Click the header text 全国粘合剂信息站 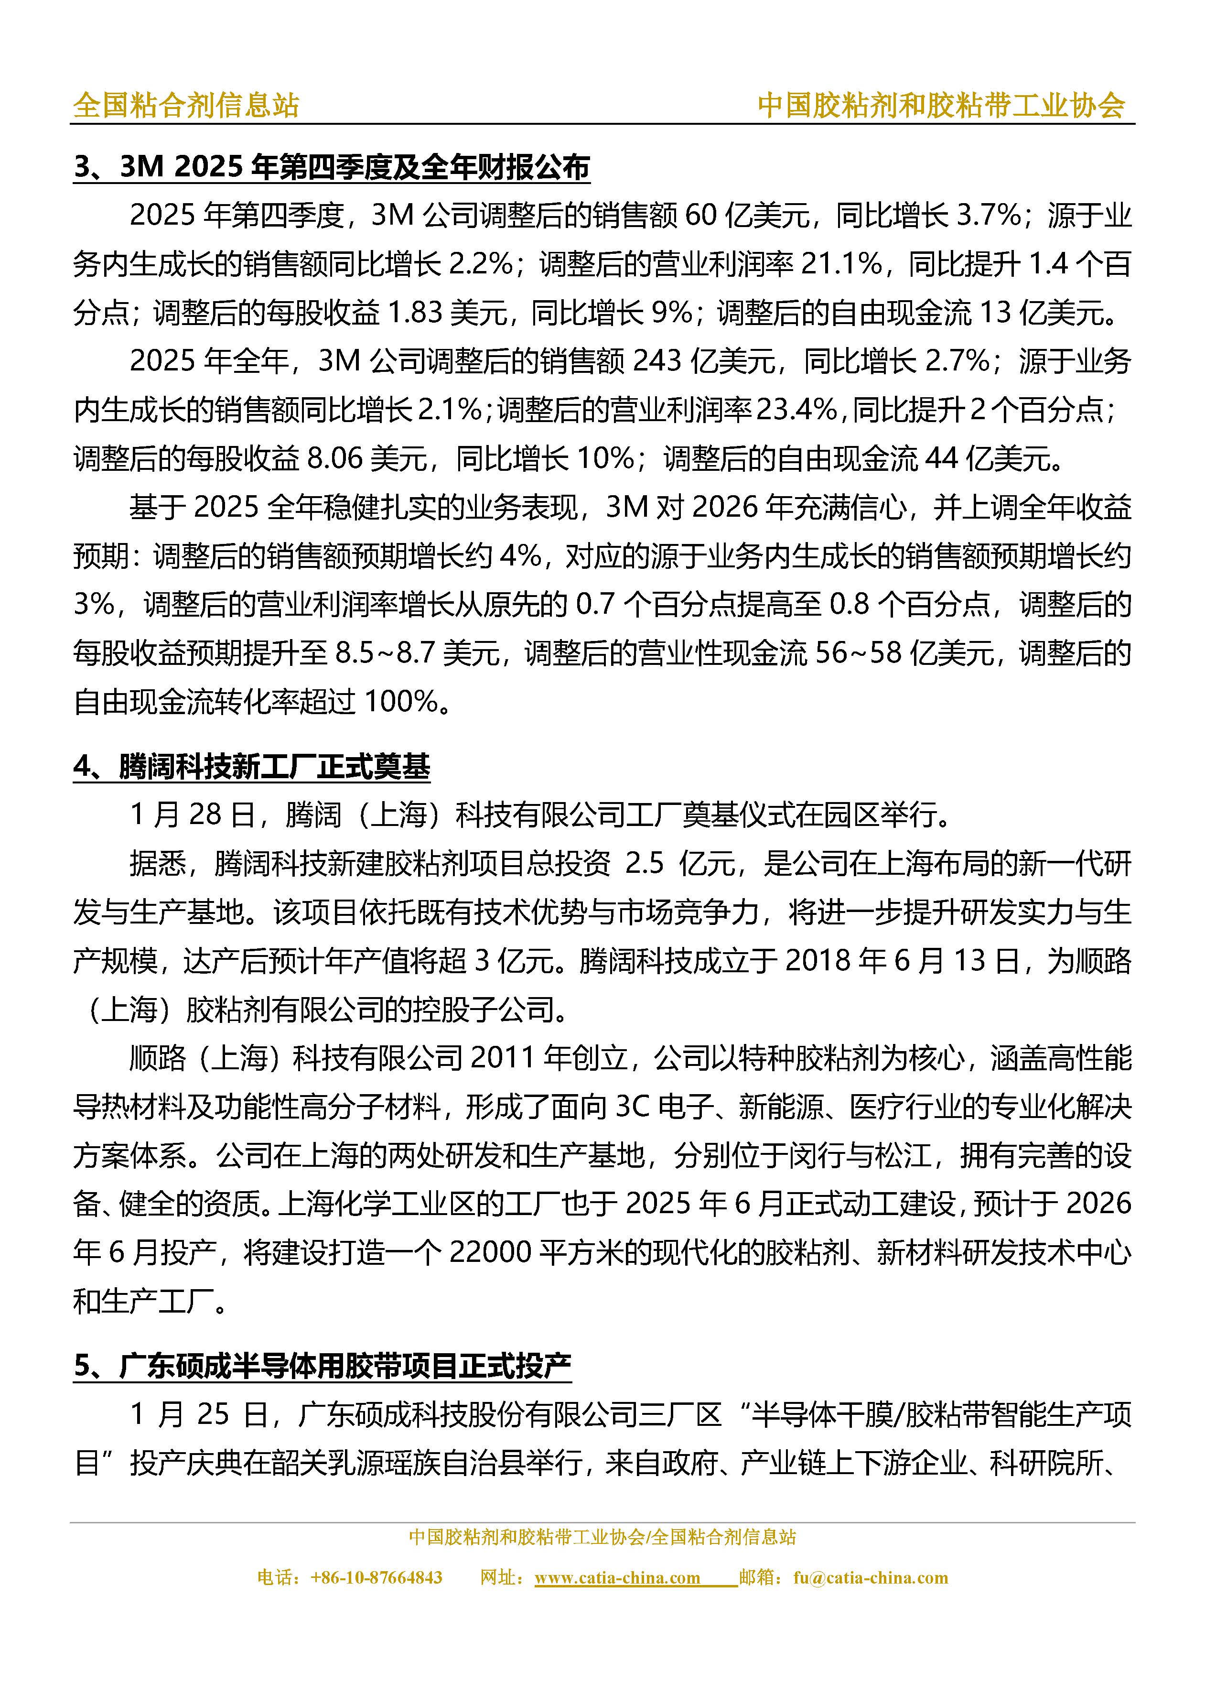185,106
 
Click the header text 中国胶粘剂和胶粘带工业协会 941,106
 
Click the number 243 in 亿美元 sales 656,361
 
